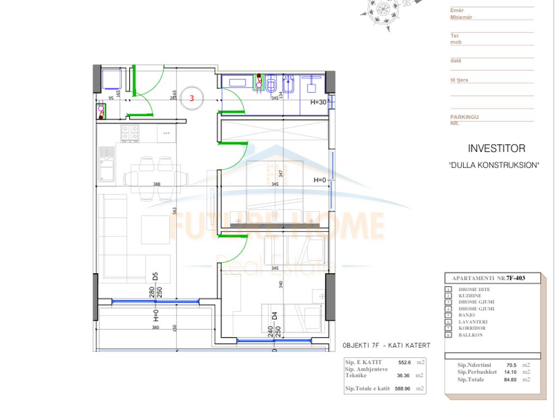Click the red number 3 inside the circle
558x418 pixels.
pos(192,99)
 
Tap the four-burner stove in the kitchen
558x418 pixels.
pos(130,132)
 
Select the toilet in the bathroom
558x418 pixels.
pos(272,84)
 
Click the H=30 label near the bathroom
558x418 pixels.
pos(318,102)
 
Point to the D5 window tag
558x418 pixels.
pos(155,276)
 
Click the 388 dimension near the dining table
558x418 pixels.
pos(157,185)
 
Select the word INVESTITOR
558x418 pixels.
pos(496,149)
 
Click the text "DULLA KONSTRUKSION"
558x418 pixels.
pos(494,165)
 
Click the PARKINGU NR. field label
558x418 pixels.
pos(464,120)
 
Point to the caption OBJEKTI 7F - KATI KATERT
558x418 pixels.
pos(386,346)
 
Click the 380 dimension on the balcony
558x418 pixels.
pos(155,328)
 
